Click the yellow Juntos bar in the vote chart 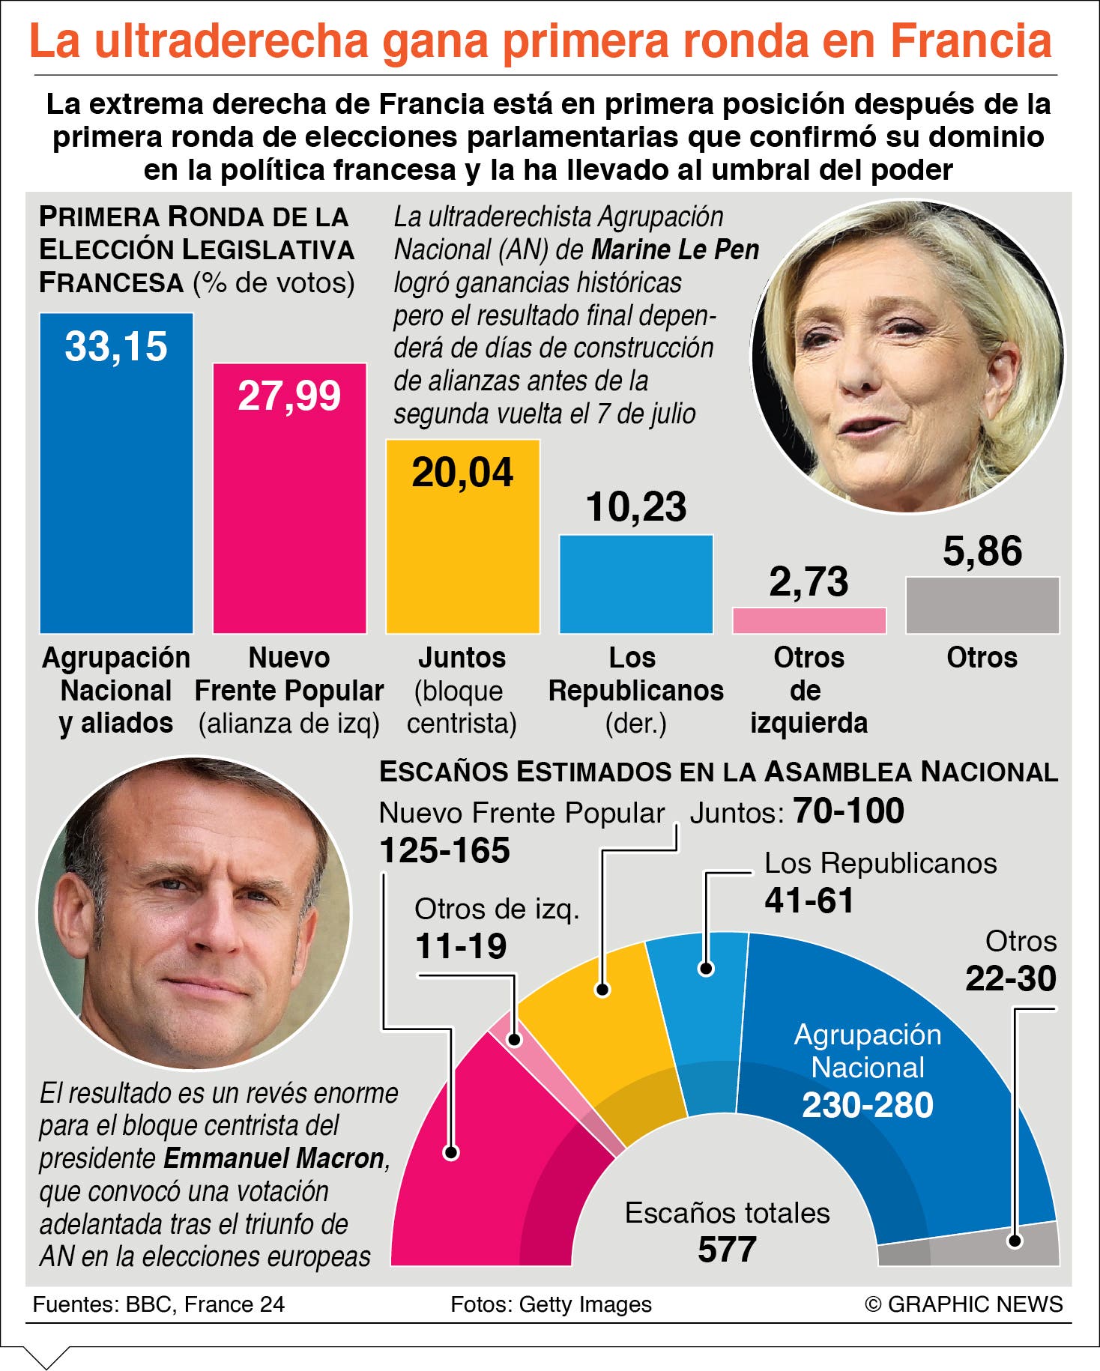[462, 536]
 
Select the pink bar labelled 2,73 [809, 620]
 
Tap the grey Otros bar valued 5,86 [982, 605]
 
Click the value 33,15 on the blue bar [116, 347]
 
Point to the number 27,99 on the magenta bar [289, 396]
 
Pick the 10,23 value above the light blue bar [636, 507]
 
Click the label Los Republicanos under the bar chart [635, 674]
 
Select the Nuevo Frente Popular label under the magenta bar [289, 674]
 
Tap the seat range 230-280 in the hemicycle [868, 1105]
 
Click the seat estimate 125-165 [444, 851]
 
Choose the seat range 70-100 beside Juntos [848, 811]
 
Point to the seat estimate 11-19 [461, 946]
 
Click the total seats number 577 [727, 1250]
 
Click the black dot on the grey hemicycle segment [1015, 1241]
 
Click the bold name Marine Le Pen [675, 249]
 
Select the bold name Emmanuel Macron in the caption [274, 1158]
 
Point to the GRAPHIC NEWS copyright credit [964, 1304]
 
